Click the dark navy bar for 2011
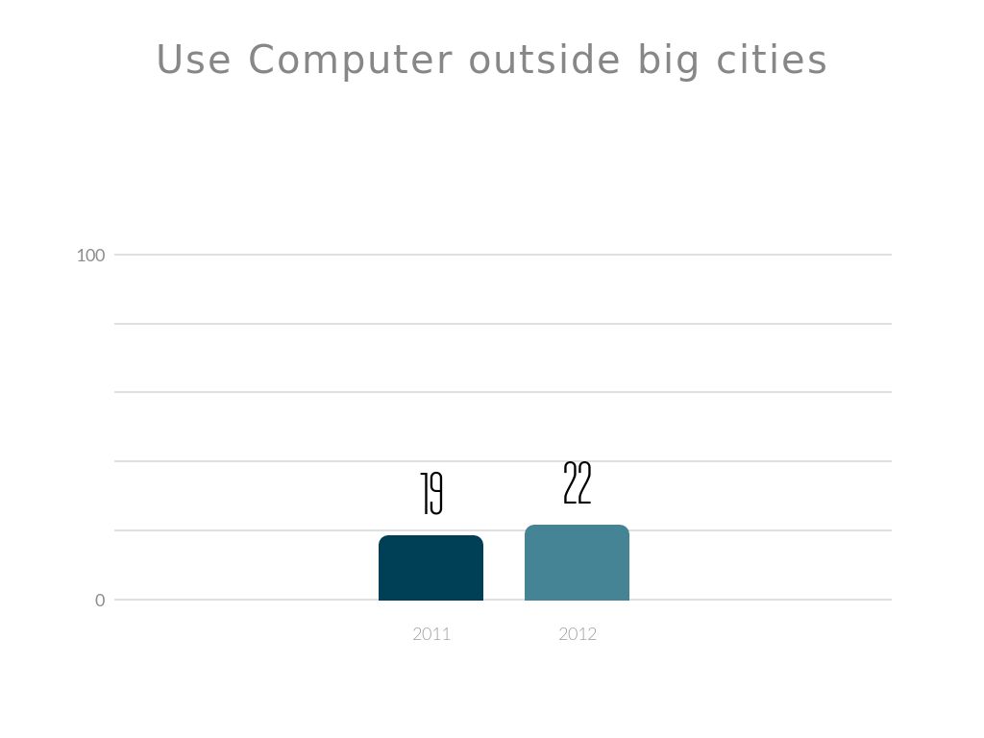[430, 568]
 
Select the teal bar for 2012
[577, 563]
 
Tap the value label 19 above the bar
[431, 494]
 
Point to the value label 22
[577, 483]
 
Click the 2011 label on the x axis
[431, 634]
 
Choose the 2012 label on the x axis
[578, 634]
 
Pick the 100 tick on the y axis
[90, 256]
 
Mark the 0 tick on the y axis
[100, 601]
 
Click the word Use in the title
[193, 60]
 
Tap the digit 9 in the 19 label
[436, 494]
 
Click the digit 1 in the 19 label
[424, 494]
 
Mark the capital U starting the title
[170, 60]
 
